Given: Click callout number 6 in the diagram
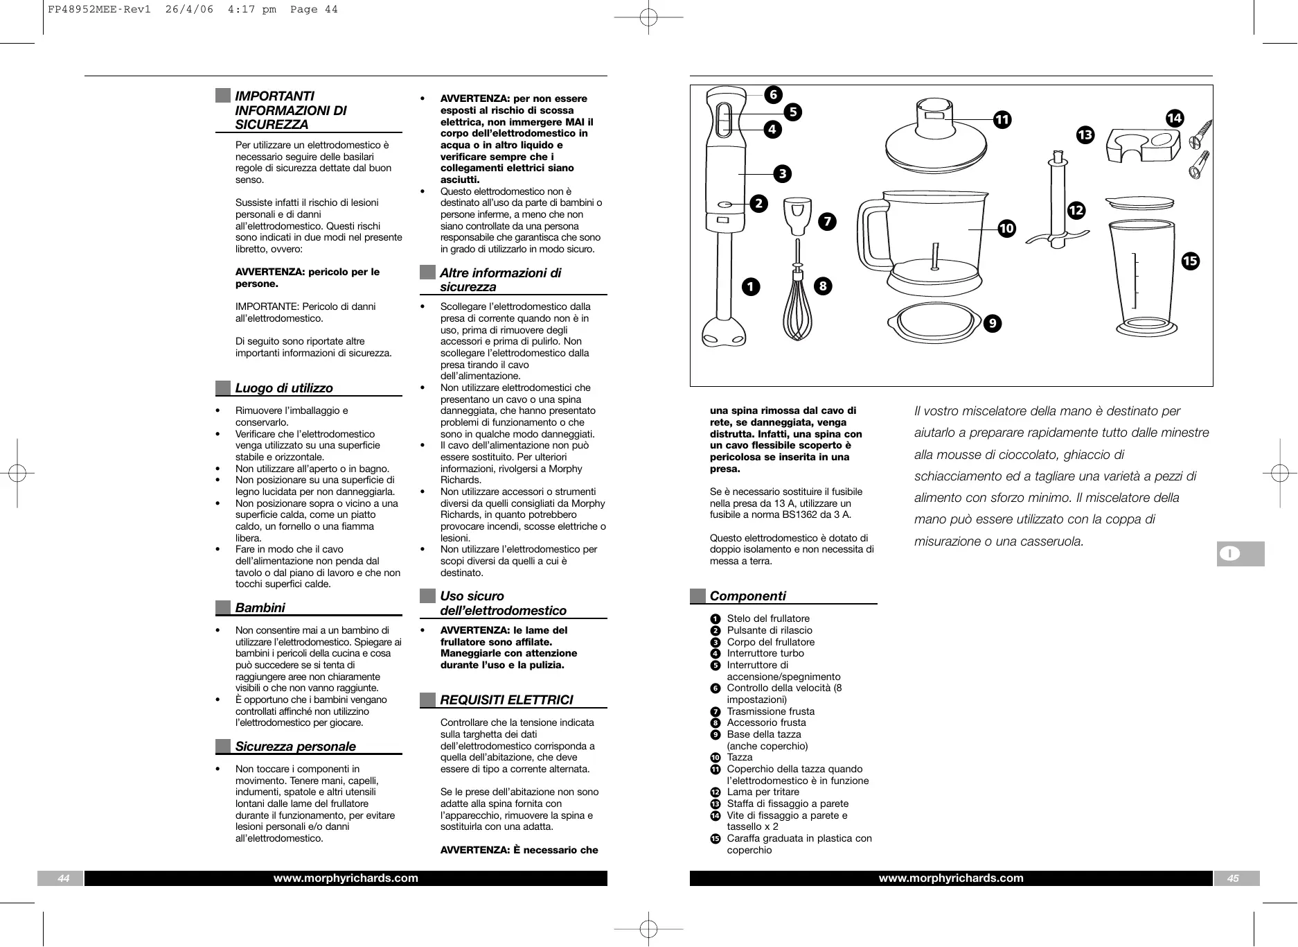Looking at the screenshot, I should coord(773,95).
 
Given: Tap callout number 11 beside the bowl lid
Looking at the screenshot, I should coord(1002,120).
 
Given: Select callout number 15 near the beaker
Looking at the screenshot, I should coord(1190,261).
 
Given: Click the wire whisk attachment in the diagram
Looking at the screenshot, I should coord(798,305).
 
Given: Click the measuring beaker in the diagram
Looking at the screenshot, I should coord(1144,277).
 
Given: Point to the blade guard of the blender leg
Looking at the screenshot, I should coord(724,333).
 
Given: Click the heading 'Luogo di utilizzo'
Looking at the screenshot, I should coord(284,388).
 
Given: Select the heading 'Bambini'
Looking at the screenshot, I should coord(260,608).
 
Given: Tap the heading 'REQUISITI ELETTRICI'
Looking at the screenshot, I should coord(506,700).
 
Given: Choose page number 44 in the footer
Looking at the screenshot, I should coord(63,878).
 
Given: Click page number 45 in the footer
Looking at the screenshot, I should coord(1233,878).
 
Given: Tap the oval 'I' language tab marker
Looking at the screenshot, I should coord(1230,553).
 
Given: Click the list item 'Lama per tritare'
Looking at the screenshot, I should coord(763,792).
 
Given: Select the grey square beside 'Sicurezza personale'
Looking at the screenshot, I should coord(222,747).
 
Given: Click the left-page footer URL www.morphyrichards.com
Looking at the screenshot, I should coord(346,878).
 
